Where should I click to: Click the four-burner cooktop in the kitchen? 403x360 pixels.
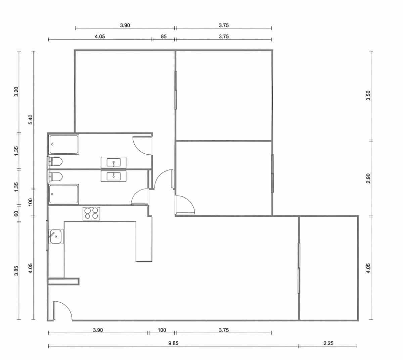[91, 214]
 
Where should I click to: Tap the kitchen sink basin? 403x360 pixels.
[56, 237]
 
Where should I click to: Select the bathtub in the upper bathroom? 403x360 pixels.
[64, 145]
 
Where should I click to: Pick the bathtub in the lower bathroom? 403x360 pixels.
[64, 194]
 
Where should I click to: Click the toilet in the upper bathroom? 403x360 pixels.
[56, 162]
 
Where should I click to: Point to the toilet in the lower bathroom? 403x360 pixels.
[56, 176]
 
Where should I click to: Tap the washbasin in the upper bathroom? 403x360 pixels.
[114, 163]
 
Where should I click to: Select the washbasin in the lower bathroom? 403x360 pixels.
[114, 175]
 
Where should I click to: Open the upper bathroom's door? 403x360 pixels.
[142, 145]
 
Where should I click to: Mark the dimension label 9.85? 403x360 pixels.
[173, 343]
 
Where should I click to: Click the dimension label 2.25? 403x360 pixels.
[328, 343]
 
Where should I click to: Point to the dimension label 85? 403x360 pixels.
[164, 37]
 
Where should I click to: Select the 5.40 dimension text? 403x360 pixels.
[31, 120]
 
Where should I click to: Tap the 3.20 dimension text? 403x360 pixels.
[16, 92]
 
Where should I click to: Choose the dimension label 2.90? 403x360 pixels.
[368, 178]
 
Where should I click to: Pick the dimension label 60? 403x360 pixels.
[16, 213]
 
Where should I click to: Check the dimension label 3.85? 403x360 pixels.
[16, 271]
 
